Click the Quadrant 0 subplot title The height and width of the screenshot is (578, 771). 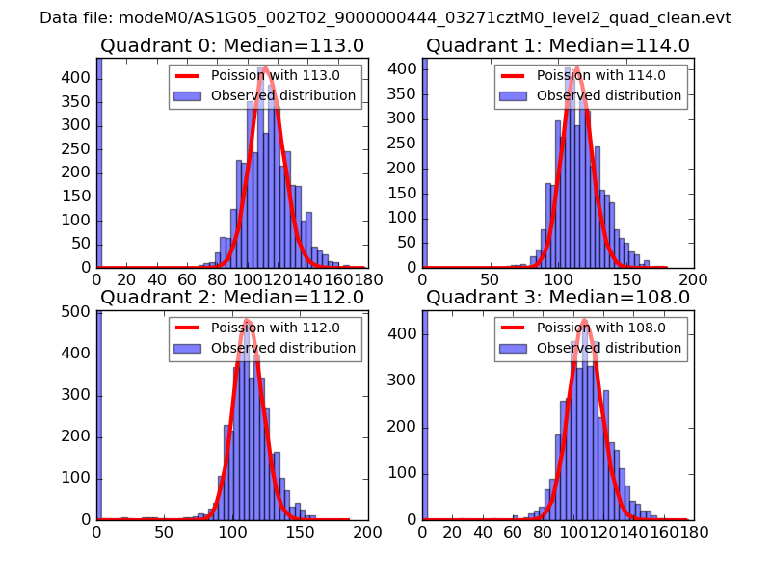point(231,45)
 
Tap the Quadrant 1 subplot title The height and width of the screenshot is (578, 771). point(558,45)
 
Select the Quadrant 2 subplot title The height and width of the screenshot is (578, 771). point(231,297)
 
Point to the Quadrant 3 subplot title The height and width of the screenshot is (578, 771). point(558,297)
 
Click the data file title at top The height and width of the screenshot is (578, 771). point(385,18)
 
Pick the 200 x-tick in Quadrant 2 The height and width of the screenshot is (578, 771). point(367,530)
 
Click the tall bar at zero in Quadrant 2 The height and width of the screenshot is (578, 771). point(99,414)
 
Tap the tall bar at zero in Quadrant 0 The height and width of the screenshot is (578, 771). point(98,164)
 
